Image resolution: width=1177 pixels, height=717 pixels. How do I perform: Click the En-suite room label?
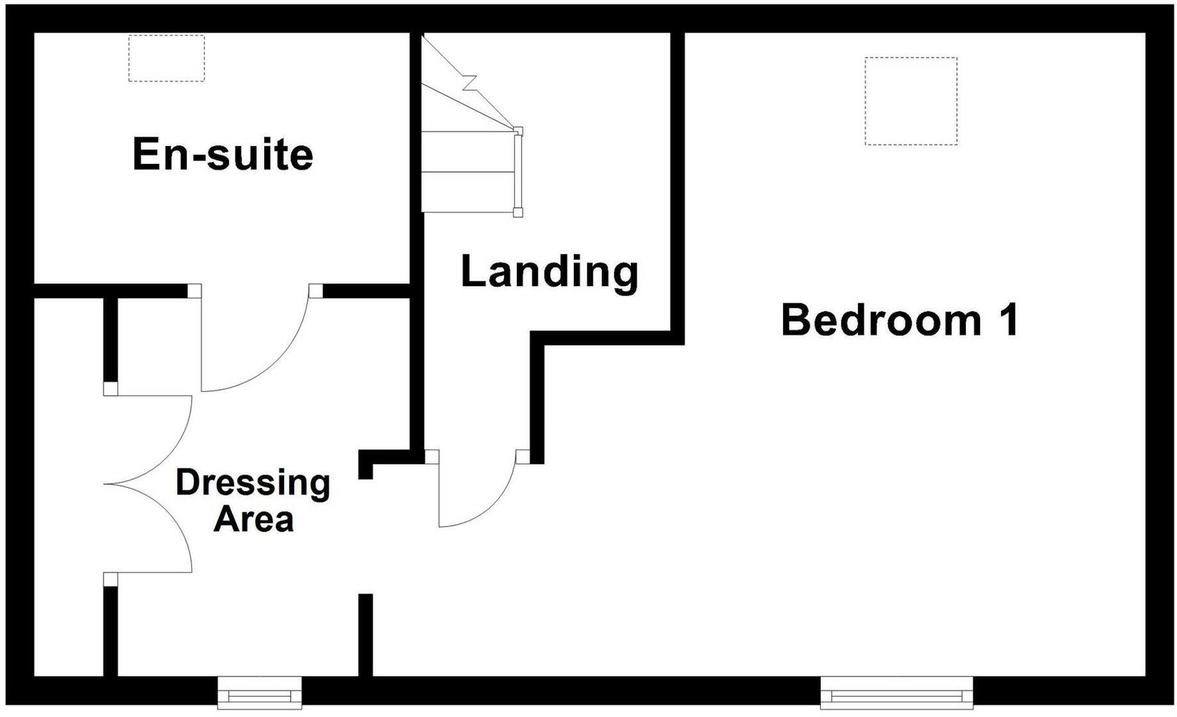point(223,155)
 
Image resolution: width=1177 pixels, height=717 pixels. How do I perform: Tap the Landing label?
point(549,272)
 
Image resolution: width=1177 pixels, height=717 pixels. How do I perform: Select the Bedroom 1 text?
point(899,320)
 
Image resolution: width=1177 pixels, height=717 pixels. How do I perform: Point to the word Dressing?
point(253,483)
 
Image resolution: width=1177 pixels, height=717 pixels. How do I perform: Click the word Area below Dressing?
point(253,519)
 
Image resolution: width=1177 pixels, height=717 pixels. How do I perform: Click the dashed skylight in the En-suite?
point(167,58)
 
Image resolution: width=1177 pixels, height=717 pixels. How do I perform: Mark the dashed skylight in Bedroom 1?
point(910,101)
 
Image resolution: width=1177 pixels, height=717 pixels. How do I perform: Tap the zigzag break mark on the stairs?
point(470,82)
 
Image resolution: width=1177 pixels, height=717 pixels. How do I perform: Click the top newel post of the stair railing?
point(518,131)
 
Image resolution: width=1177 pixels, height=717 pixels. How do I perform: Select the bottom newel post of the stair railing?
point(518,212)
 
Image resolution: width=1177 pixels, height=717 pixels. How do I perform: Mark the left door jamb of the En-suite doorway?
point(194,291)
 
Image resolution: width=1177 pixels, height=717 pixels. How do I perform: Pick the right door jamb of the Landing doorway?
point(523,456)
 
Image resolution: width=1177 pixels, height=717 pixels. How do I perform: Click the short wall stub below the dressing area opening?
point(366,635)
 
